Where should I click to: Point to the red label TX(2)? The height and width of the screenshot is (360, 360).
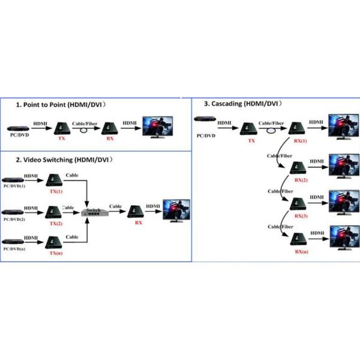coord(55,224)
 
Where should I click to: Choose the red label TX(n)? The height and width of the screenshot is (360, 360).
coord(55,254)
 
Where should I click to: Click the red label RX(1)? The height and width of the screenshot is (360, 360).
coord(300,141)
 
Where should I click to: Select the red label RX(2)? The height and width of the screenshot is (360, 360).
coord(300,179)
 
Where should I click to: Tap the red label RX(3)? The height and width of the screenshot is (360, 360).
coord(300,215)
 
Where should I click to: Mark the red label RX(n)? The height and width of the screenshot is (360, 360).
coord(300,253)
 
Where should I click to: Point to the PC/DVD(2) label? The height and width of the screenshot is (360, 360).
coord(14,220)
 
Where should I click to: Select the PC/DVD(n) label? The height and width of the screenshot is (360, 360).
coord(14,248)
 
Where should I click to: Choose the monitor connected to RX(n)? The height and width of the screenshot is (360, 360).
coord(344,237)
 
